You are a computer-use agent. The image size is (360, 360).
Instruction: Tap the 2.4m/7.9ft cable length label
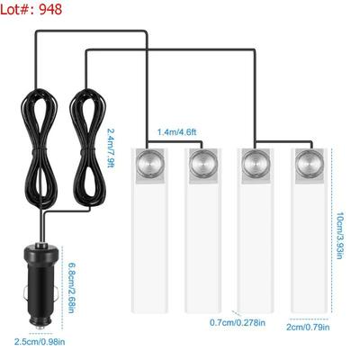[x=111, y=148]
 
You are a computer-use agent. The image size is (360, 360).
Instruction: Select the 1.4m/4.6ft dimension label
[x=177, y=132]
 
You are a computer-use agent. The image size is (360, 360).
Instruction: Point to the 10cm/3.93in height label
[x=340, y=236]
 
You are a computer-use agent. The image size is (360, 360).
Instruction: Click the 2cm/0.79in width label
[x=308, y=327]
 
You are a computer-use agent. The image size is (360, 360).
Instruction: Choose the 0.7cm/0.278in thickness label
[x=238, y=322]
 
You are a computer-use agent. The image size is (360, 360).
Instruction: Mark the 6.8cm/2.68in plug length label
[x=71, y=288]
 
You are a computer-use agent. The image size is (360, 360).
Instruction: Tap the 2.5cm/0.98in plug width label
[x=40, y=341]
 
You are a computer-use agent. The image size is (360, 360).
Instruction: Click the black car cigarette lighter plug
[x=40, y=285]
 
